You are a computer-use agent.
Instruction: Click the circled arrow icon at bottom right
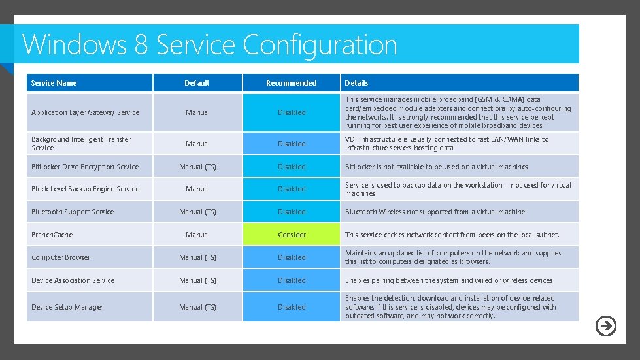[x=606, y=325]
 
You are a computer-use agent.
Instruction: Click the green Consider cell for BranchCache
[x=292, y=235]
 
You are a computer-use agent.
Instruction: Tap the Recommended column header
[x=292, y=83]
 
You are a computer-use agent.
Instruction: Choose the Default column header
[x=197, y=83]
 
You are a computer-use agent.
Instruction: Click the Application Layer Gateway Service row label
[x=86, y=112]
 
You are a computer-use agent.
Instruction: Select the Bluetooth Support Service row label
[x=73, y=212]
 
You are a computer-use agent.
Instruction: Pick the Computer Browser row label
[x=61, y=257]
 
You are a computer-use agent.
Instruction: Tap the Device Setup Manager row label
[x=67, y=307]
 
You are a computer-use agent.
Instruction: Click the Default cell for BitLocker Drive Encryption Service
[x=197, y=167]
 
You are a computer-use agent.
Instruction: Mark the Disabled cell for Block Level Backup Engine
[x=292, y=189]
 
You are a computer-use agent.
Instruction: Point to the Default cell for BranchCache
[x=197, y=235]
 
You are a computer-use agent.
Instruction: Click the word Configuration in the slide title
[x=320, y=44]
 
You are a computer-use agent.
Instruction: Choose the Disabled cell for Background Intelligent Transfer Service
[x=292, y=144]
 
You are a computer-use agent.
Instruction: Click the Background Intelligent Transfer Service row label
[x=81, y=143]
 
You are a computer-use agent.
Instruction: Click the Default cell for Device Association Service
[x=197, y=280]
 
